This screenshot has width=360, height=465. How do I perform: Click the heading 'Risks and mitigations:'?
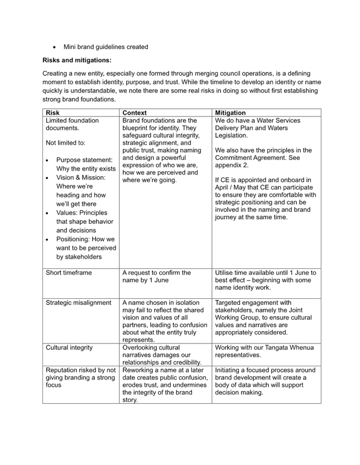(76, 60)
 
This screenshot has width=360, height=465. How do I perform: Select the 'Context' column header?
(135, 113)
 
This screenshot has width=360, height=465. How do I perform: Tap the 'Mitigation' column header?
(230, 113)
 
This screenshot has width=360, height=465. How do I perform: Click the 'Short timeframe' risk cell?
(68, 273)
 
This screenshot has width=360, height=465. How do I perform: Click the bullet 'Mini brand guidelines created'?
(106, 47)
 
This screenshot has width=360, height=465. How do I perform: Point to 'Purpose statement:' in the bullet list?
(84, 160)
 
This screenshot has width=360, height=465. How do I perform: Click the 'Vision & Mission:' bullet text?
(80, 177)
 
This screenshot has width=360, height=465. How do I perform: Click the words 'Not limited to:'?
(65, 143)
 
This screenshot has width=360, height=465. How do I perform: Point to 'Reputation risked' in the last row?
(70, 370)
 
